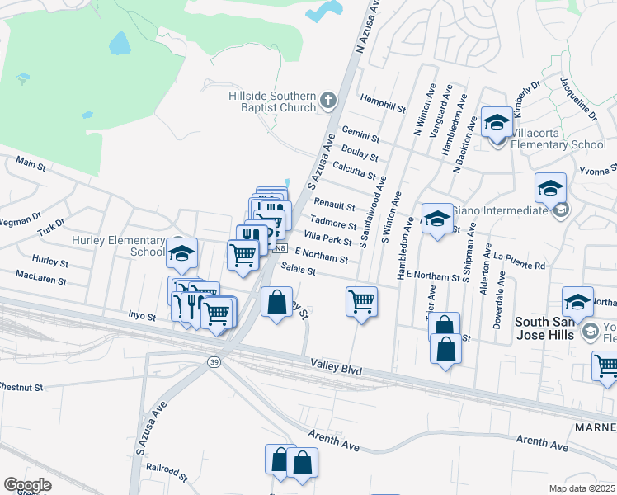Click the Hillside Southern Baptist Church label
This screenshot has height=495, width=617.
coord(272,101)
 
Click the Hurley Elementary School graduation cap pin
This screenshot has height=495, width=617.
coord(181,254)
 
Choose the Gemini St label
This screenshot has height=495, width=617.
coord(360,134)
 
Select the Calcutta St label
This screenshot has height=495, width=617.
coord(355,169)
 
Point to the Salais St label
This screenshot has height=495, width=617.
coord(298,267)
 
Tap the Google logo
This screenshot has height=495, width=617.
coord(27,485)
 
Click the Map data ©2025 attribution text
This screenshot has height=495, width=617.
coord(582,488)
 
